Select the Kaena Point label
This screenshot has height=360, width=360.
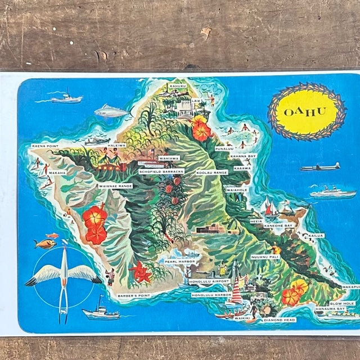46,145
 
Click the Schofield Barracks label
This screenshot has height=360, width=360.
161,171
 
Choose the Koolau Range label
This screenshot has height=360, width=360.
211,173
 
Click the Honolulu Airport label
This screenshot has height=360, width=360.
209,281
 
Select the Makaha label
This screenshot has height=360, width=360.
57,172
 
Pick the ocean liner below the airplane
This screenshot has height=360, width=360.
332,193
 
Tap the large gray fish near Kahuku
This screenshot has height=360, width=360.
111,112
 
